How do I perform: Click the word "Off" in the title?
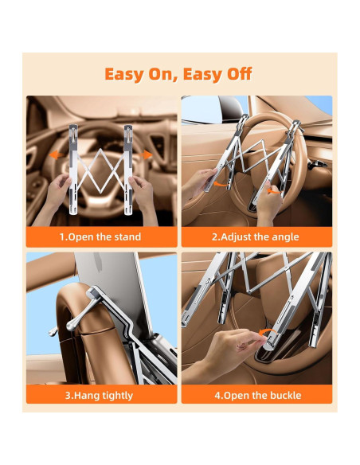pos(235,74)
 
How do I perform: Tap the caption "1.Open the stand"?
pos(100,236)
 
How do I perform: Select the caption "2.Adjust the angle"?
pos(256,236)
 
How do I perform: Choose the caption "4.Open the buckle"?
pos(256,395)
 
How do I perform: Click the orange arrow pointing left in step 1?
pos(57,156)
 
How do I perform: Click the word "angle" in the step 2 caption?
pos(284,236)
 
